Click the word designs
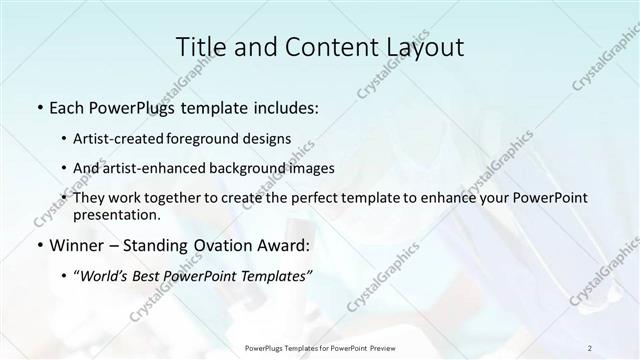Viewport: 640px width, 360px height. pyautogui.click(x=270, y=138)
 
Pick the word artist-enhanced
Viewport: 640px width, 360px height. pyautogui.click(x=167, y=168)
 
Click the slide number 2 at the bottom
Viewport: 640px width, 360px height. pyautogui.click(x=590, y=347)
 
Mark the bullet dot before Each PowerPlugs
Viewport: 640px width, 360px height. pyautogui.click(x=39, y=106)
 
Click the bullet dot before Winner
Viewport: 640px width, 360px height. pyautogui.click(x=39, y=245)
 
